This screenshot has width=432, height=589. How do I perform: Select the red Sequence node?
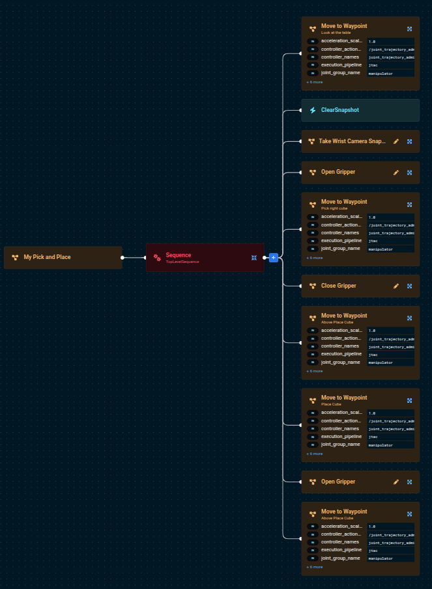coord(195,256)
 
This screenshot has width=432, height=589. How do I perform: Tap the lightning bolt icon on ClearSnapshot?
coord(313,110)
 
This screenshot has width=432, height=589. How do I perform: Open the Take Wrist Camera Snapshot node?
coord(352,141)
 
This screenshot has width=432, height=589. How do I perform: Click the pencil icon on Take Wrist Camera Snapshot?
coord(396,141)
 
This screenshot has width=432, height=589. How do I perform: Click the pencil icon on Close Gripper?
coord(396,286)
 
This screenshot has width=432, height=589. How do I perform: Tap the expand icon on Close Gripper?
coord(409,286)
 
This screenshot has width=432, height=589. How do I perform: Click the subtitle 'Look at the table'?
coord(335,32)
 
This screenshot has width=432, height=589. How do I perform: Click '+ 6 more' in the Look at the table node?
coord(315,83)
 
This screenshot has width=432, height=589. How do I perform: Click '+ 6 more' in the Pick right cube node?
coord(315,258)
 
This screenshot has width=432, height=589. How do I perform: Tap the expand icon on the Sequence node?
coord(254,258)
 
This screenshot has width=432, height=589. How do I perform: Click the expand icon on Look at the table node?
coord(409,29)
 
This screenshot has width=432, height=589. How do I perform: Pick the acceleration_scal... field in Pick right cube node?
coord(341,217)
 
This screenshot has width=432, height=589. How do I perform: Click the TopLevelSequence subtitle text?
coord(182,262)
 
